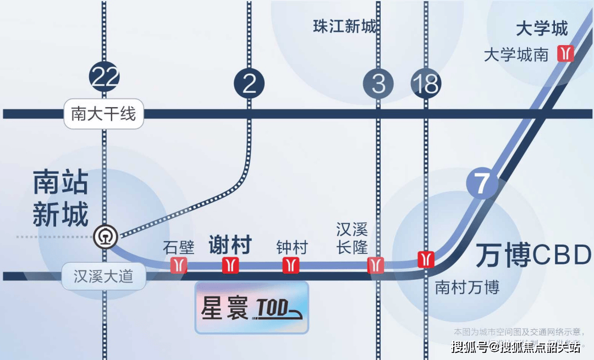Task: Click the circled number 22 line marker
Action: click(x=104, y=77)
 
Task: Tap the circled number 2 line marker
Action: click(x=249, y=84)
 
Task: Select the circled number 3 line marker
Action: click(x=378, y=84)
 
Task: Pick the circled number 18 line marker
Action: click(x=426, y=84)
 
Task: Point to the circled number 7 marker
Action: click(x=482, y=184)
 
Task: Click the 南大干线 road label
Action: click(x=103, y=114)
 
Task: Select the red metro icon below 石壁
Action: click(x=178, y=265)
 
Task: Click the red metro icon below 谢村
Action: click(x=230, y=265)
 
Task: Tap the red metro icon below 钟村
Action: click(x=291, y=265)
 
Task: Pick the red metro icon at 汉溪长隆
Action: click(x=376, y=265)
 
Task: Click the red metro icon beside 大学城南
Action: click(x=565, y=53)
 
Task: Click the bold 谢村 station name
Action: click(x=230, y=245)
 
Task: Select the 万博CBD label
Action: click(x=533, y=254)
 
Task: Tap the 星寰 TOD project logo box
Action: click(x=252, y=308)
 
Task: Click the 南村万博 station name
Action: click(x=467, y=287)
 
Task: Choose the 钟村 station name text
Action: click(x=291, y=247)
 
